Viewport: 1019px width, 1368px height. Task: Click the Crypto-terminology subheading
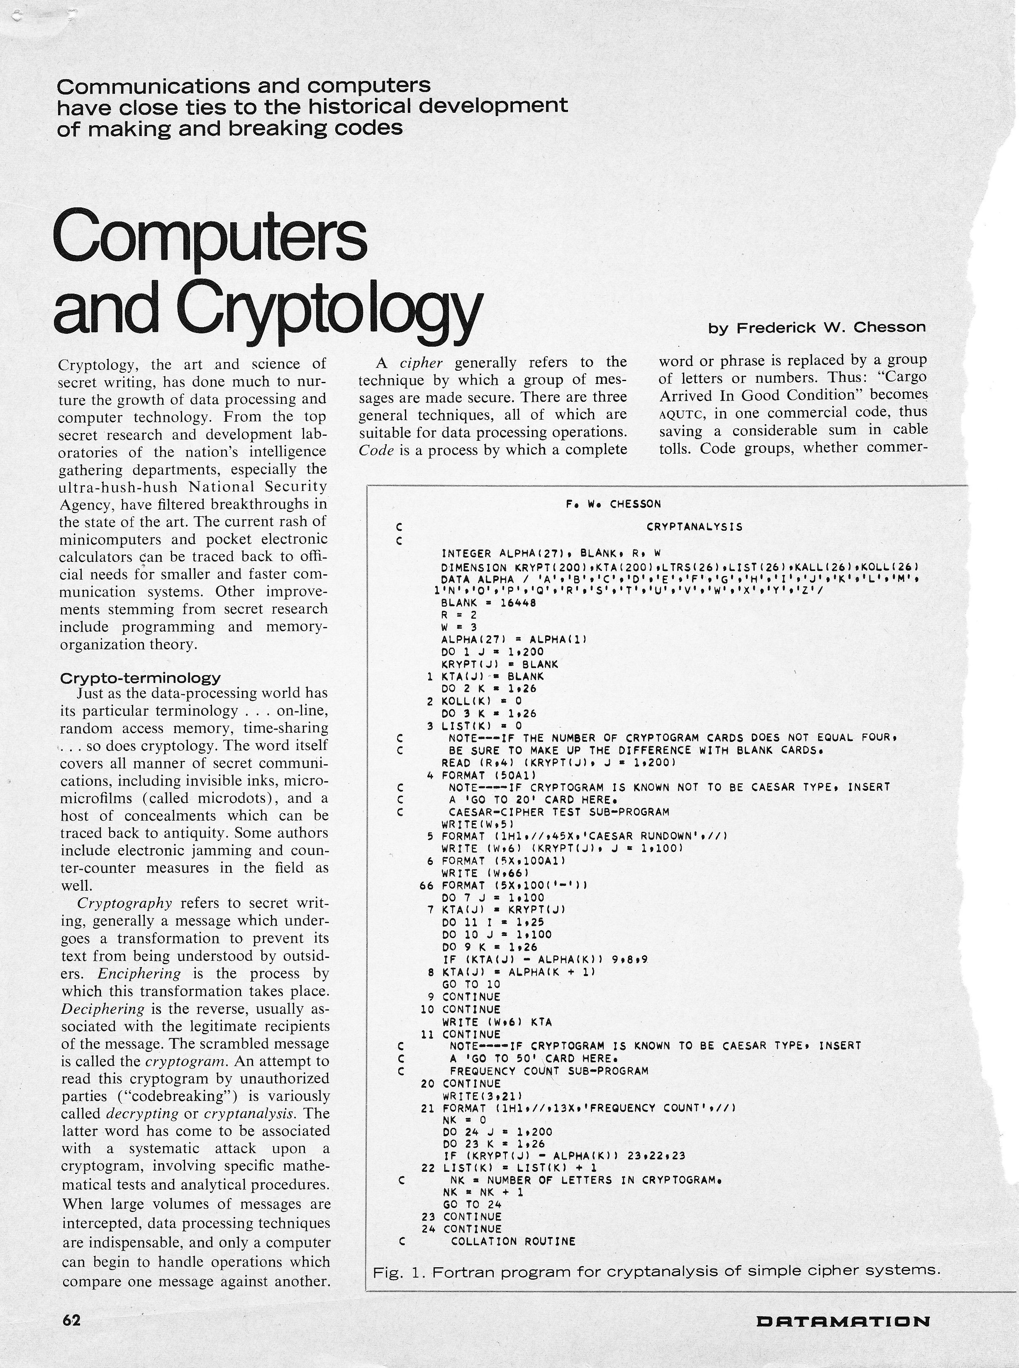[140, 678]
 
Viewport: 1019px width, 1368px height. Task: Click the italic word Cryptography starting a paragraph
[124, 903]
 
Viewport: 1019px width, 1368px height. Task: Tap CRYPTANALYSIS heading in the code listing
[695, 527]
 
